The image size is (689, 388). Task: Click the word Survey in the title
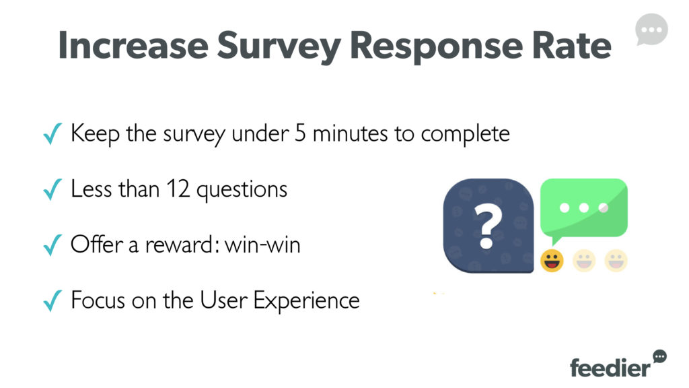pyautogui.click(x=279, y=46)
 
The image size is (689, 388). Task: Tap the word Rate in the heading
pyautogui.click(x=571, y=45)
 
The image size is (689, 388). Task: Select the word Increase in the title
pyautogui.click(x=133, y=45)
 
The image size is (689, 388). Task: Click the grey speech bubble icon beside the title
pyautogui.click(x=651, y=30)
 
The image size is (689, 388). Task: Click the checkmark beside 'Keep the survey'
pyautogui.click(x=52, y=134)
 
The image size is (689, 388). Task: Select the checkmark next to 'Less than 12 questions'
pyautogui.click(x=52, y=189)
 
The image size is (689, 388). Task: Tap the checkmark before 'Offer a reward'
pyautogui.click(x=52, y=245)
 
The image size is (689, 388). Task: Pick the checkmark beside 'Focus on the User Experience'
pyautogui.click(x=52, y=301)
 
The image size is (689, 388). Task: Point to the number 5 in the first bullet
pyautogui.click(x=300, y=133)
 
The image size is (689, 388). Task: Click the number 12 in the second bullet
pyautogui.click(x=178, y=189)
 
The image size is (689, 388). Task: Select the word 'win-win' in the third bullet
pyautogui.click(x=262, y=245)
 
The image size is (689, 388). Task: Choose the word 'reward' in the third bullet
pyautogui.click(x=180, y=245)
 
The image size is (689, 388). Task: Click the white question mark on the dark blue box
pyautogui.click(x=488, y=228)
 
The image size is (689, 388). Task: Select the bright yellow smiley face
pyautogui.click(x=552, y=261)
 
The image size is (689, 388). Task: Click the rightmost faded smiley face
pyautogui.click(x=616, y=261)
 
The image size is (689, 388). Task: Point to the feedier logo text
pyautogui.click(x=610, y=367)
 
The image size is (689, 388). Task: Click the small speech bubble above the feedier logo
pyautogui.click(x=659, y=356)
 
